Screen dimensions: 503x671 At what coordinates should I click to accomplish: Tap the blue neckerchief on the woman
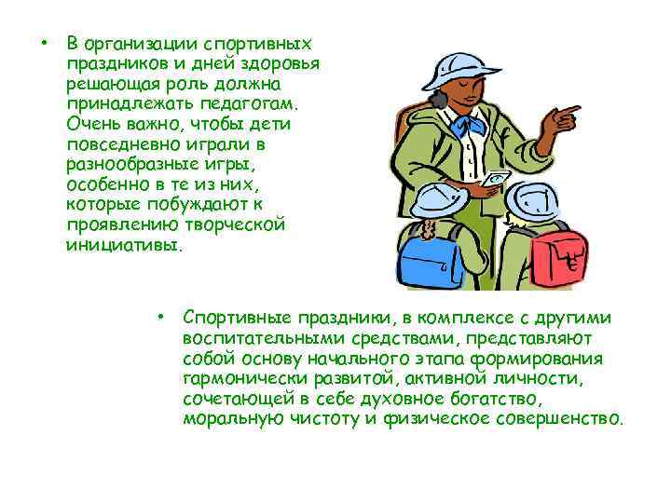pyautogui.click(x=463, y=129)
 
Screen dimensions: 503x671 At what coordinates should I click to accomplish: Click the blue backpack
pyautogui.click(x=426, y=256)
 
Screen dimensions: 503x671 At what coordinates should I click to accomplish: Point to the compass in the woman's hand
pyautogui.click(x=493, y=180)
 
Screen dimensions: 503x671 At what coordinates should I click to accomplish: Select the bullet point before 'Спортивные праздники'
pyautogui.click(x=161, y=317)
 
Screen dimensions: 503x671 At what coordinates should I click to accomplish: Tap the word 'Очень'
pyautogui.click(x=90, y=124)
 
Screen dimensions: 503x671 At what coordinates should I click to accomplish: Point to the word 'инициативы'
pyautogui.click(x=124, y=246)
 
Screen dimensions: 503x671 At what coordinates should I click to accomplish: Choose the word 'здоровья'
pyautogui.click(x=280, y=63)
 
